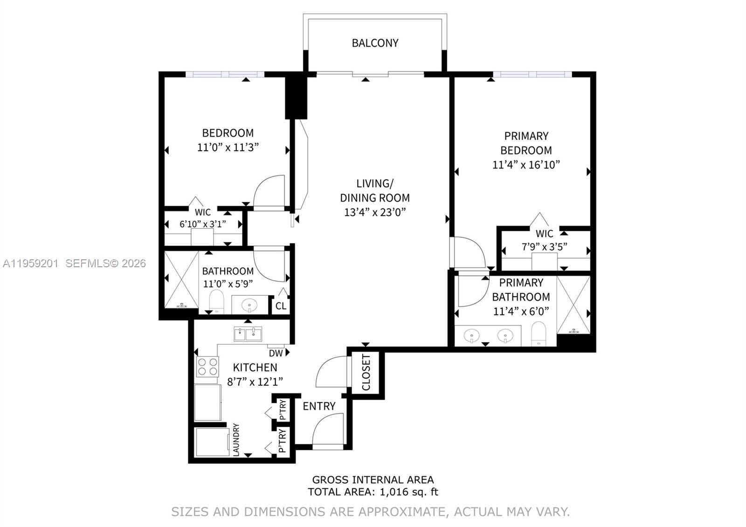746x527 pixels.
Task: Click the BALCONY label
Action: (x=375, y=43)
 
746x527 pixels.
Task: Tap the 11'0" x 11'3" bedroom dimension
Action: (x=228, y=147)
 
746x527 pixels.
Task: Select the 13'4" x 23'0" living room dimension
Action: (x=375, y=212)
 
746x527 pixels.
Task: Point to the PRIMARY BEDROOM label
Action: (x=526, y=143)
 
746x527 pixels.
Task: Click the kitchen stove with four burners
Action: (x=207, y=367)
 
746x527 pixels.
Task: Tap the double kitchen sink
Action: (x=248, y=334)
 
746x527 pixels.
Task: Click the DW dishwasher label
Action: (x=276, y=354)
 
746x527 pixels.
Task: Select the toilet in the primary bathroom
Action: (x=539, y=333)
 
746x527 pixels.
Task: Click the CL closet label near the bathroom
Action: (x=281, y=306)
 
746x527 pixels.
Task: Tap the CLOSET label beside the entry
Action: (x=366, y=372)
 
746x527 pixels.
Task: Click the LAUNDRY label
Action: (x=236, y=439)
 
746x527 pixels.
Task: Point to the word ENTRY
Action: (x=319, y=406)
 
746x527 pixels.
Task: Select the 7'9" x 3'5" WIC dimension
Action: (x=544, y=247)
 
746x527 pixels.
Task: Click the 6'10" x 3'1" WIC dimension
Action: (x=203, y=224)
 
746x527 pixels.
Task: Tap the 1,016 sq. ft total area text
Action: (x=409, y=492)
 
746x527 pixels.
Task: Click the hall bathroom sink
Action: (x=249, y=306)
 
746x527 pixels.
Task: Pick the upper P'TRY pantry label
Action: (x=282, y=410)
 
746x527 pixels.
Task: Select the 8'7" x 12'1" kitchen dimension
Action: (x=255, y=381)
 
